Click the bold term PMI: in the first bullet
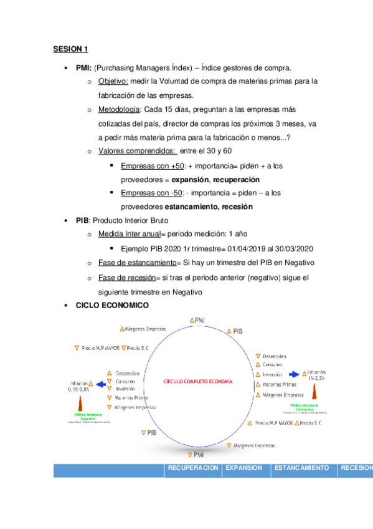pos(84,67)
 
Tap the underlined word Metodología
pos(119,110)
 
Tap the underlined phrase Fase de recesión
pos(126,277)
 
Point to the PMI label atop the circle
pos(198,320)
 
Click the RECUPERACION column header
pos(193,468)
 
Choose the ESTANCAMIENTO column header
pos(302,468)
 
